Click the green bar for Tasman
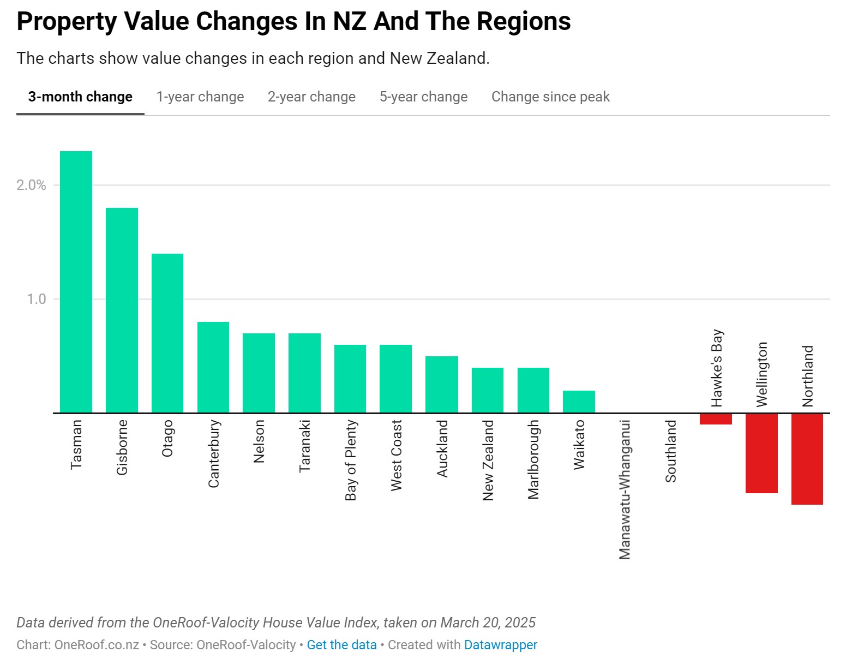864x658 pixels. tap(76, 282)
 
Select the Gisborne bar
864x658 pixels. tap(122, 310)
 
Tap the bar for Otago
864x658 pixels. tap(167, 333)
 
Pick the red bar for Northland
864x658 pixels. tap(807, 459)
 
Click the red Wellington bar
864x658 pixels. tap(761, 453)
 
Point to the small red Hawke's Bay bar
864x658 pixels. tap(716, 419)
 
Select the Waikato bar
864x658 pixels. tap(579, 402)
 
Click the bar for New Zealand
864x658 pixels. tap(487, 390)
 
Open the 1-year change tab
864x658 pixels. tap(200, 97)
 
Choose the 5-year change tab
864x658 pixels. tap(423, 97)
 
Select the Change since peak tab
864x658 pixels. tap(550, 97)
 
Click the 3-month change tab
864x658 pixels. tap(80, 97)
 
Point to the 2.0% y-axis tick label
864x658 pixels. tap(31, 185)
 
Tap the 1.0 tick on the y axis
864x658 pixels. tap(36, 299)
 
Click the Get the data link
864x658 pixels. tap(341, 644)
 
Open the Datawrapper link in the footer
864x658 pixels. tap(501, 644)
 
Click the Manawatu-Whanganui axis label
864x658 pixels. tap(625, 489)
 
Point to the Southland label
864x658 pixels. tap(670, 451)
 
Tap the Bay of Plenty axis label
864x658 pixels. tap(350, 460)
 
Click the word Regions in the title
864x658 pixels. tap(524, 21)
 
